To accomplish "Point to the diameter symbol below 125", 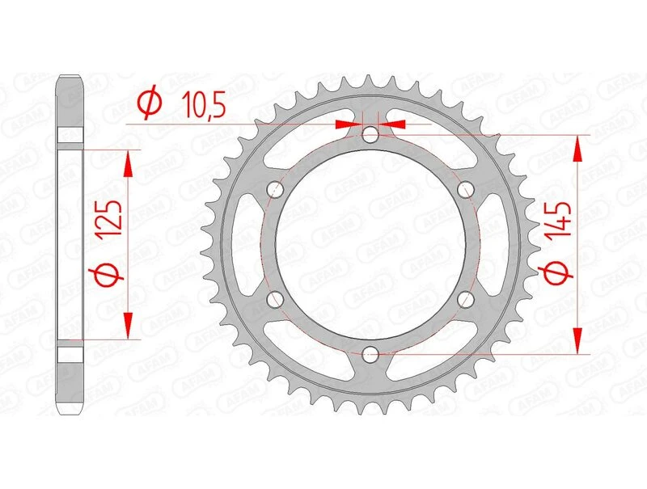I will click(109, 277).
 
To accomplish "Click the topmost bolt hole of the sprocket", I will click(370, 135).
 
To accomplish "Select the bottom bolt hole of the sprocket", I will click(370, 353).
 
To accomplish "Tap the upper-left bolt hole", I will click(275, 190).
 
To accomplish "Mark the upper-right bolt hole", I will click(465, 190).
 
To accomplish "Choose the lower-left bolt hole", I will click(275, 299).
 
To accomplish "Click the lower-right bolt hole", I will click(465, 299).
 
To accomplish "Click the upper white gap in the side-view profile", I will click(70, 134).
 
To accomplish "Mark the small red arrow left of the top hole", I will click(346, 124).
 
